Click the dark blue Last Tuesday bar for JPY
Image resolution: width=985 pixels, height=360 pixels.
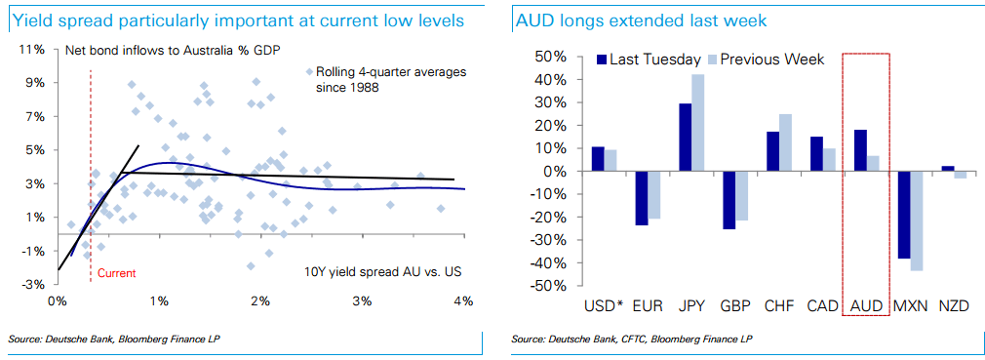coord(685,138)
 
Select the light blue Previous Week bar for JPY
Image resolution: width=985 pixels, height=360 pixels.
coord(697,123)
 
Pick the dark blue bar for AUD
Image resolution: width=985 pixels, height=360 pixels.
coord(859,150)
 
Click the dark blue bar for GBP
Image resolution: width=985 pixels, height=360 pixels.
coord(729,200)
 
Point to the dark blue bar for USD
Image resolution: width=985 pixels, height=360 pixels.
coord(598,159)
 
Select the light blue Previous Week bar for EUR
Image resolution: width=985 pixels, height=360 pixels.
coord(653,195)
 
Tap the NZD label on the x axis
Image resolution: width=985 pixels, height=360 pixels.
coord(953,306)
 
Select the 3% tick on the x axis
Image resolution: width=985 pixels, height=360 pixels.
coord(362,300)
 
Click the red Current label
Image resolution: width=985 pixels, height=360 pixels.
coord(116,273)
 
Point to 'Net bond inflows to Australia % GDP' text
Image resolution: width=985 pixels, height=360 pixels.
coord(172,50)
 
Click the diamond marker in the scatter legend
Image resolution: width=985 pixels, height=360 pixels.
coord(309,72)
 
